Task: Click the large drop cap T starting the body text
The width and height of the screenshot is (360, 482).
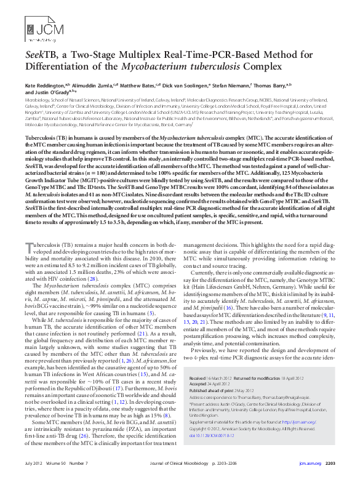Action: click(29, 249)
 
